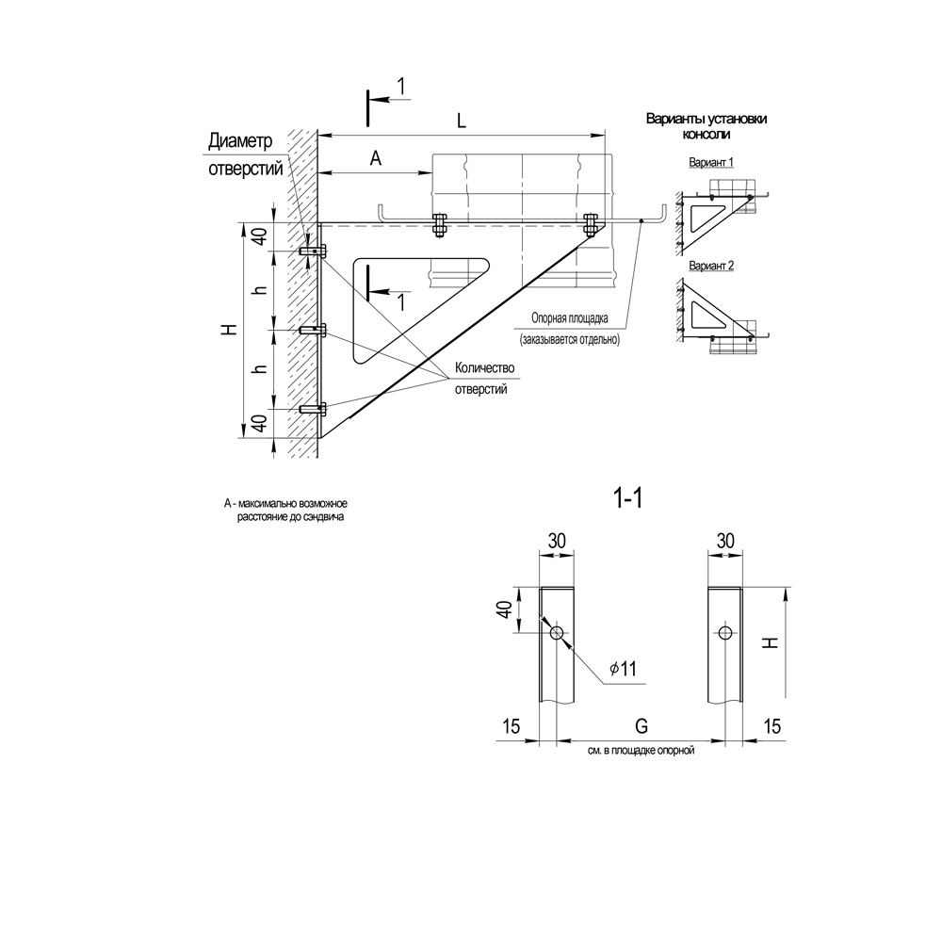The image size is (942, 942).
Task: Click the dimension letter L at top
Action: coord(461,121)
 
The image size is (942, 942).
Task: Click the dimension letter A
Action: coord(376,158)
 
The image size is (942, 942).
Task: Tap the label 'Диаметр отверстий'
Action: coord(245,154)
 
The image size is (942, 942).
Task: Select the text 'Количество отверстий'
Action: coord(484,378)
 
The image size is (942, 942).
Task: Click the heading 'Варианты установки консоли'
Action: coord(706,126)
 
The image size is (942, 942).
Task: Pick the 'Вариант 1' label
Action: coord(711,162)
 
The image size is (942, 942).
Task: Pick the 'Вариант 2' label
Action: coord(711,266)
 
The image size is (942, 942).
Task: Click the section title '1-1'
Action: coord(627,498)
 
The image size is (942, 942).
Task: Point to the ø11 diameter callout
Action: coord(623,669)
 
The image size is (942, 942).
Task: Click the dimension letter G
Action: coord(642,726)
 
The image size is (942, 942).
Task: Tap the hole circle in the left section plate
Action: coord(557,632)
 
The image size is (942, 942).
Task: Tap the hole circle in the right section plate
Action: coord(725,632)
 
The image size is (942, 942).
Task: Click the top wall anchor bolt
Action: coord(313,251)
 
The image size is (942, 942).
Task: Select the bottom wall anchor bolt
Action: coord(313,409)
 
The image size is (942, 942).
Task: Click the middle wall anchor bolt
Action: coord(313,330)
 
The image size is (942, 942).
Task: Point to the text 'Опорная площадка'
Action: coord(570,318)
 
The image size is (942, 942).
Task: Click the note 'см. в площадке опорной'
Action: coord(641,751)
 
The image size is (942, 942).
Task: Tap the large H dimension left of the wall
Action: coord(230,329)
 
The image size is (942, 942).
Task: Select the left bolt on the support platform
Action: coord(440,225)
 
